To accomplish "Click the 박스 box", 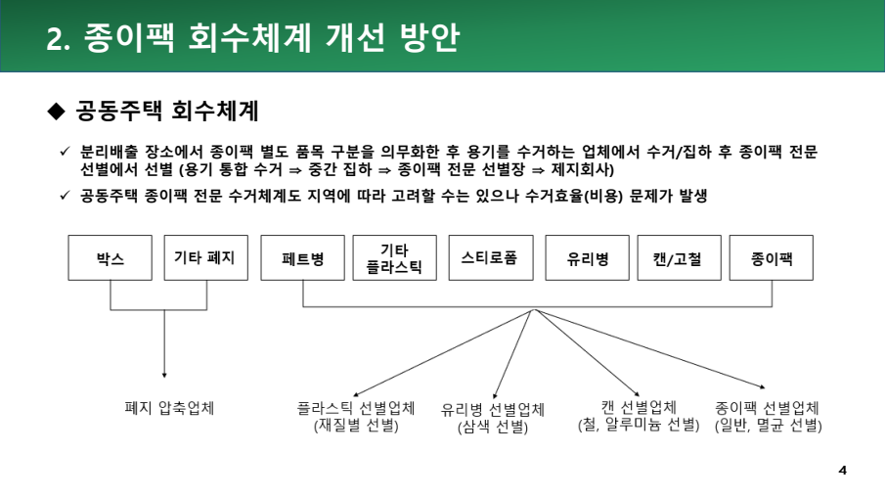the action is pos(111,257).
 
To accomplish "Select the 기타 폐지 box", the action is pos(206,257).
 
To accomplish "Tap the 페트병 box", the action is pos(303,257).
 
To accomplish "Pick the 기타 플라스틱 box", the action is pos(395,257).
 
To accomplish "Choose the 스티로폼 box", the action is pos(491,257).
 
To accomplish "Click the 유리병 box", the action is pos(587,257).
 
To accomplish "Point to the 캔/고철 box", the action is pos(680,257).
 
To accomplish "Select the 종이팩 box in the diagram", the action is pos(772,257).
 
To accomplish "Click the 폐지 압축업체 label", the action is pos(169,408).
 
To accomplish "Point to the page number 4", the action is pos(843,471).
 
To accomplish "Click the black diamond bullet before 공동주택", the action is pos(57,111).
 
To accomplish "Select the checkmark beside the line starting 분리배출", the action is pos(65,151).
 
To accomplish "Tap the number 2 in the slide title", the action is pos(54,39).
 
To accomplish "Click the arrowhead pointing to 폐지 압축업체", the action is pos(164,375).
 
